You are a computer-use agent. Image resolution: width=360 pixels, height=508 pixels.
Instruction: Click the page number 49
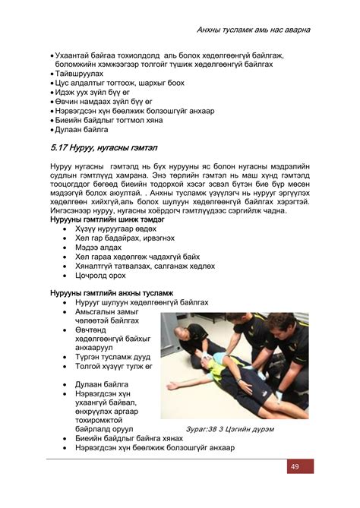tap(294, 466)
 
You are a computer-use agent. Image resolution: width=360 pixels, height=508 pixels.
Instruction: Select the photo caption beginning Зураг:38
tap(219, 428)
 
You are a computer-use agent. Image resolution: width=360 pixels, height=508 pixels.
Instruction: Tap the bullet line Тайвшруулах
tap(75, 74)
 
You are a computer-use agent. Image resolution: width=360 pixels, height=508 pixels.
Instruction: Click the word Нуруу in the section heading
tap(93, 147)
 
